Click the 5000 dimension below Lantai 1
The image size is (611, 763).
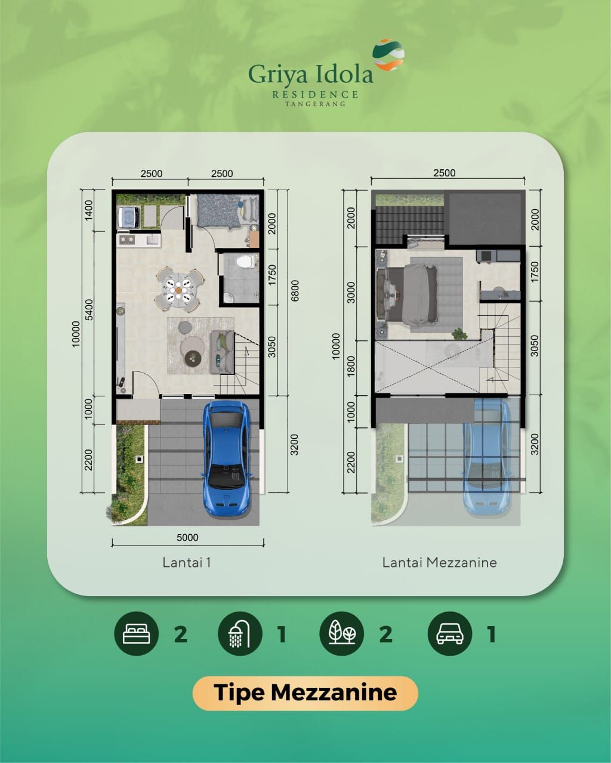[x=187, y=537]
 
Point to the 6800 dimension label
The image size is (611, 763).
[x=295, y=291]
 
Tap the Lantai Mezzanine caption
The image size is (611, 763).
[x=439, y=562]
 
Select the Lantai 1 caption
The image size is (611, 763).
[x=187, y=562]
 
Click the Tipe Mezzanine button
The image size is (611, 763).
[x=305, y=693]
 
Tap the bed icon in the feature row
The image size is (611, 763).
[x=136, y=634]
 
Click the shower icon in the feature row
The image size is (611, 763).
[x=239, y=634]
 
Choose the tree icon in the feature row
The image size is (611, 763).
[x=342, y=634]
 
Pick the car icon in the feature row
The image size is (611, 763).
[x=450, y=634]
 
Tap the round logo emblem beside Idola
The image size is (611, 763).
[x=388, y=55]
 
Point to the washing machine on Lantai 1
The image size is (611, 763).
[x=128, y=217]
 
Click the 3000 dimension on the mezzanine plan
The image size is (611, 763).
[x=351, y=293]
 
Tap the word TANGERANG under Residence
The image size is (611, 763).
[x=315, y=104]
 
